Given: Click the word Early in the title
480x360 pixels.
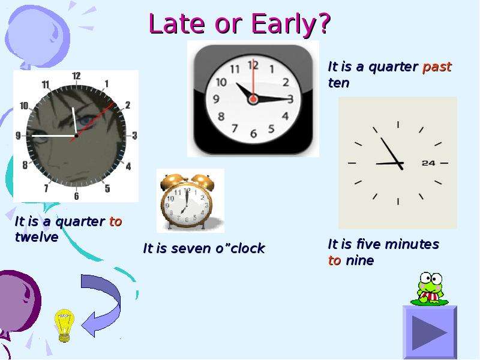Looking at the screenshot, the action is click(x=291, y=23).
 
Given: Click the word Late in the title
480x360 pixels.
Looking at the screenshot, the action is click(x=177, y=23).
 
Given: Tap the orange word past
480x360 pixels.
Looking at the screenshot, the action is click(x=437, y=67).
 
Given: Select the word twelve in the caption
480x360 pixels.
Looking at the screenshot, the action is click(x=37, y=237).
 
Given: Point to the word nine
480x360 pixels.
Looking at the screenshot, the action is click(x=359, y=260).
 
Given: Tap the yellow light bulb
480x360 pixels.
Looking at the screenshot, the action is click(x=64, y=325).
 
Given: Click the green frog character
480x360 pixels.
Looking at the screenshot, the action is click(x=430, y=289).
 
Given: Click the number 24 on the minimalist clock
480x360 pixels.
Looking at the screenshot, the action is click(x=428, y=163).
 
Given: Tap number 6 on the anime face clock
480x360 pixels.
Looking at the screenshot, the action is click(x=76, y=196).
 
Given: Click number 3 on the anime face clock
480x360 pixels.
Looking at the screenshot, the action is click(x=134, y=136).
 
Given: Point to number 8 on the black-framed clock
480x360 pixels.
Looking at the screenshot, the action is click(x=221, y=116).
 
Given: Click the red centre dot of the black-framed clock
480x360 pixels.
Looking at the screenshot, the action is click(x=253, y=99).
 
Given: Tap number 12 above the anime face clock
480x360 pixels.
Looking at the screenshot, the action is click(x=76, y=76).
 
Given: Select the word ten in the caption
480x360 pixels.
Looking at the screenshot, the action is click(x=338, y=83).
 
